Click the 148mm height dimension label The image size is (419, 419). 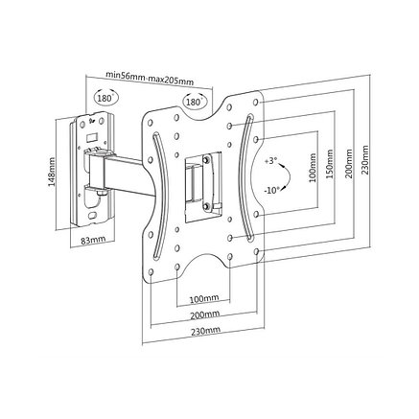52,172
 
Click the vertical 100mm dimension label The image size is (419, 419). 313,168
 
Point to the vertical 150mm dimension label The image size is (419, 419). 330,164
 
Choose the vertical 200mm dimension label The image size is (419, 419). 348,163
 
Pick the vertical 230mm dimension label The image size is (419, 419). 364,160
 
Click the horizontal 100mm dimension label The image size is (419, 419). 204,299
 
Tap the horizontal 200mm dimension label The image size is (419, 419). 205,314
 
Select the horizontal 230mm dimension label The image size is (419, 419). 205,331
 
